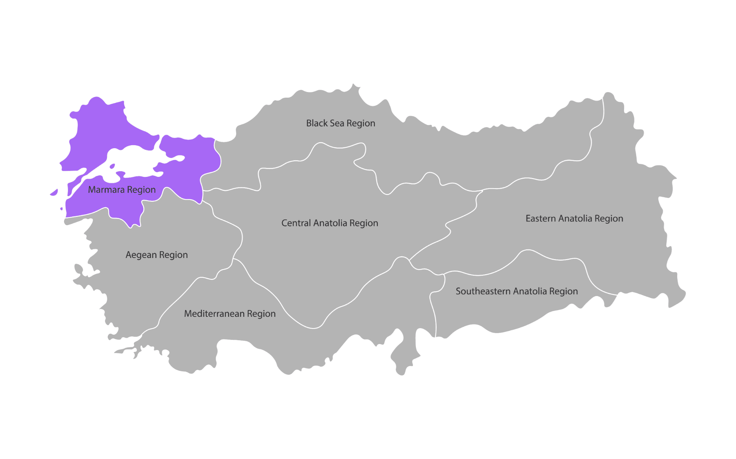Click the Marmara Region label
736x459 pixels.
click(x=121, y=190)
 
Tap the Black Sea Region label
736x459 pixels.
click(x=340, y=123)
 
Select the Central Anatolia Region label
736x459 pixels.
click(x=330, y=223)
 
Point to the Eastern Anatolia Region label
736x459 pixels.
click(x=574, y=218)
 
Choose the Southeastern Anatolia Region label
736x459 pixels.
click(x=517, y=291)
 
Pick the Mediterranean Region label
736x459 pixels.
click(x=230, y=314)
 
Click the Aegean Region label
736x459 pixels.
click(x=156, y=255)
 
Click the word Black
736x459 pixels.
click(x=316, y=123)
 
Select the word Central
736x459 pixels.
click(x=296, y=223)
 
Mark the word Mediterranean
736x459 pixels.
click(x=214, y=314)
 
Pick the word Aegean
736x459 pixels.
click(x=141, y=255)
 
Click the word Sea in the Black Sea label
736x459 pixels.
click(x=337, y=123)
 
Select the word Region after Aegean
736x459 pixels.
click(x=173, y=255)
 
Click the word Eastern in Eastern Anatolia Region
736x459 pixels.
click(x=540, y=218)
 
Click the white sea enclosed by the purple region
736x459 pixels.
click(x=136, y=160)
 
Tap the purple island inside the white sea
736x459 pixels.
click(x=112, y=166)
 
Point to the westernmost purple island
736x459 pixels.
click(x=54, y=193)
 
